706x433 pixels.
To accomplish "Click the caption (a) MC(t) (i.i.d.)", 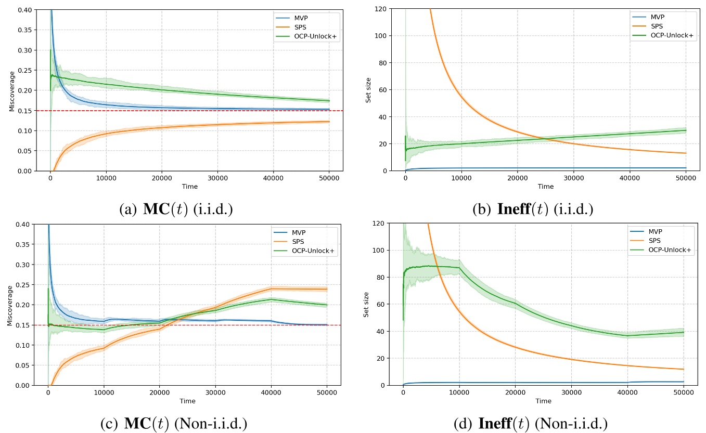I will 176,209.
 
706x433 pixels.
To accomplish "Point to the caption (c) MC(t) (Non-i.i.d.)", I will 175,423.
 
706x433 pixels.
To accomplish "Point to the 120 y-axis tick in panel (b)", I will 380,9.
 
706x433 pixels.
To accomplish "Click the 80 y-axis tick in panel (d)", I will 381,278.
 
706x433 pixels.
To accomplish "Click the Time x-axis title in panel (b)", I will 545,186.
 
